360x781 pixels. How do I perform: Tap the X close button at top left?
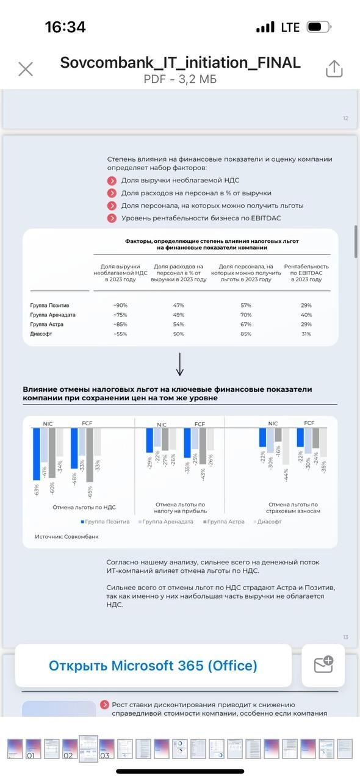[26, 69]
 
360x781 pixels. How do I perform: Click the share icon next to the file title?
[334, 69]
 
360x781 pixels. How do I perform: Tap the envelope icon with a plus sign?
[323, 664]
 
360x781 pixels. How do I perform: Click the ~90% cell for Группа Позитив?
[120, 305]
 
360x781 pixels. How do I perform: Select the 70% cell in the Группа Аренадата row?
[246, 315]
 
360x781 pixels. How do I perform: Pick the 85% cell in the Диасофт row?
[246, 334]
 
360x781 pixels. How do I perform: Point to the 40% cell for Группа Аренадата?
[306, 315]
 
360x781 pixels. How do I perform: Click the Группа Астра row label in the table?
[47, 325]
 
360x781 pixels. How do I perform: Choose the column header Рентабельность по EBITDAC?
[306, 273]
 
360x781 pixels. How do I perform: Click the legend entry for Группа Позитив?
[104, 522]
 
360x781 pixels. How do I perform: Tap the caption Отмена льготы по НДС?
[84, 507]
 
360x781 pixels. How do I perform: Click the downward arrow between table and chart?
[179, 365]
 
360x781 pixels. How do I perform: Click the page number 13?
[345, 637]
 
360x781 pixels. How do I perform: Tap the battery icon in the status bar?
[318, 27]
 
